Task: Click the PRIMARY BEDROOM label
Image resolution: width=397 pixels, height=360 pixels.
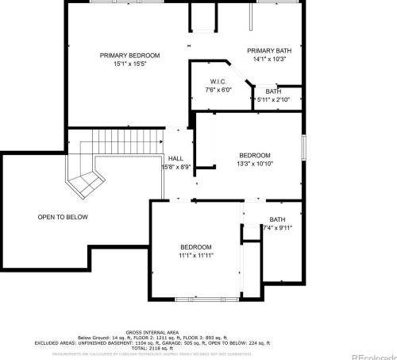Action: pyautogui.click(x=129, y=55)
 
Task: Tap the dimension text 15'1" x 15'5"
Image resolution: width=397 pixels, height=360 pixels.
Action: pyautogui.click(x=129, y=64)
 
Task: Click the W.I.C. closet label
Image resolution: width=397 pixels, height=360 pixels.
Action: pyautogui.click(x=219, y=82)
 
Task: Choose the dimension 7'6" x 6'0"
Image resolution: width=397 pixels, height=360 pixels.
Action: pyautogui.click(x=219, y=91)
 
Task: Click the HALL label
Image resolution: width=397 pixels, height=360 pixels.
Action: pyautogui.click(x=175, y=158)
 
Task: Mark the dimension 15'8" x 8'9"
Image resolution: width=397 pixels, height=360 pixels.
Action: pyautogui.click(x=175, y=167)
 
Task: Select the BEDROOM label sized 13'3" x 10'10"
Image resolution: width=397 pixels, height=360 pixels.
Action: pyautogui.click(x=255, y=155)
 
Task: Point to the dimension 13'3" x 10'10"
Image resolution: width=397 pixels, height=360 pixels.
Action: pyautogui.click(x=255, y=164)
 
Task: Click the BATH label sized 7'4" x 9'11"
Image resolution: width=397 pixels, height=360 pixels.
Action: pyautogui.click(x=277, y=219)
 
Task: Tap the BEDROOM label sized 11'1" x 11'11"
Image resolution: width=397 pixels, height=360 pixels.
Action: pyautogui.click(x=195, y=247)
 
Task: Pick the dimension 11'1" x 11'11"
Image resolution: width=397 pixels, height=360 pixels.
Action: pyautogui.click(x=195, y=256)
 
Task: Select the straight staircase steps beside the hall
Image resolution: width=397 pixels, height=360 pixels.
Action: pyautogui.click(x=120, y=143)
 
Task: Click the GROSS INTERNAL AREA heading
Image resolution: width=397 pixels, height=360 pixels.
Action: pyautogui.click(x=152, y=332)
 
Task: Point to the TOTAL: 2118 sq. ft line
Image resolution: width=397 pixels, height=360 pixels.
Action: pyautogui.click(x=152, y=348)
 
